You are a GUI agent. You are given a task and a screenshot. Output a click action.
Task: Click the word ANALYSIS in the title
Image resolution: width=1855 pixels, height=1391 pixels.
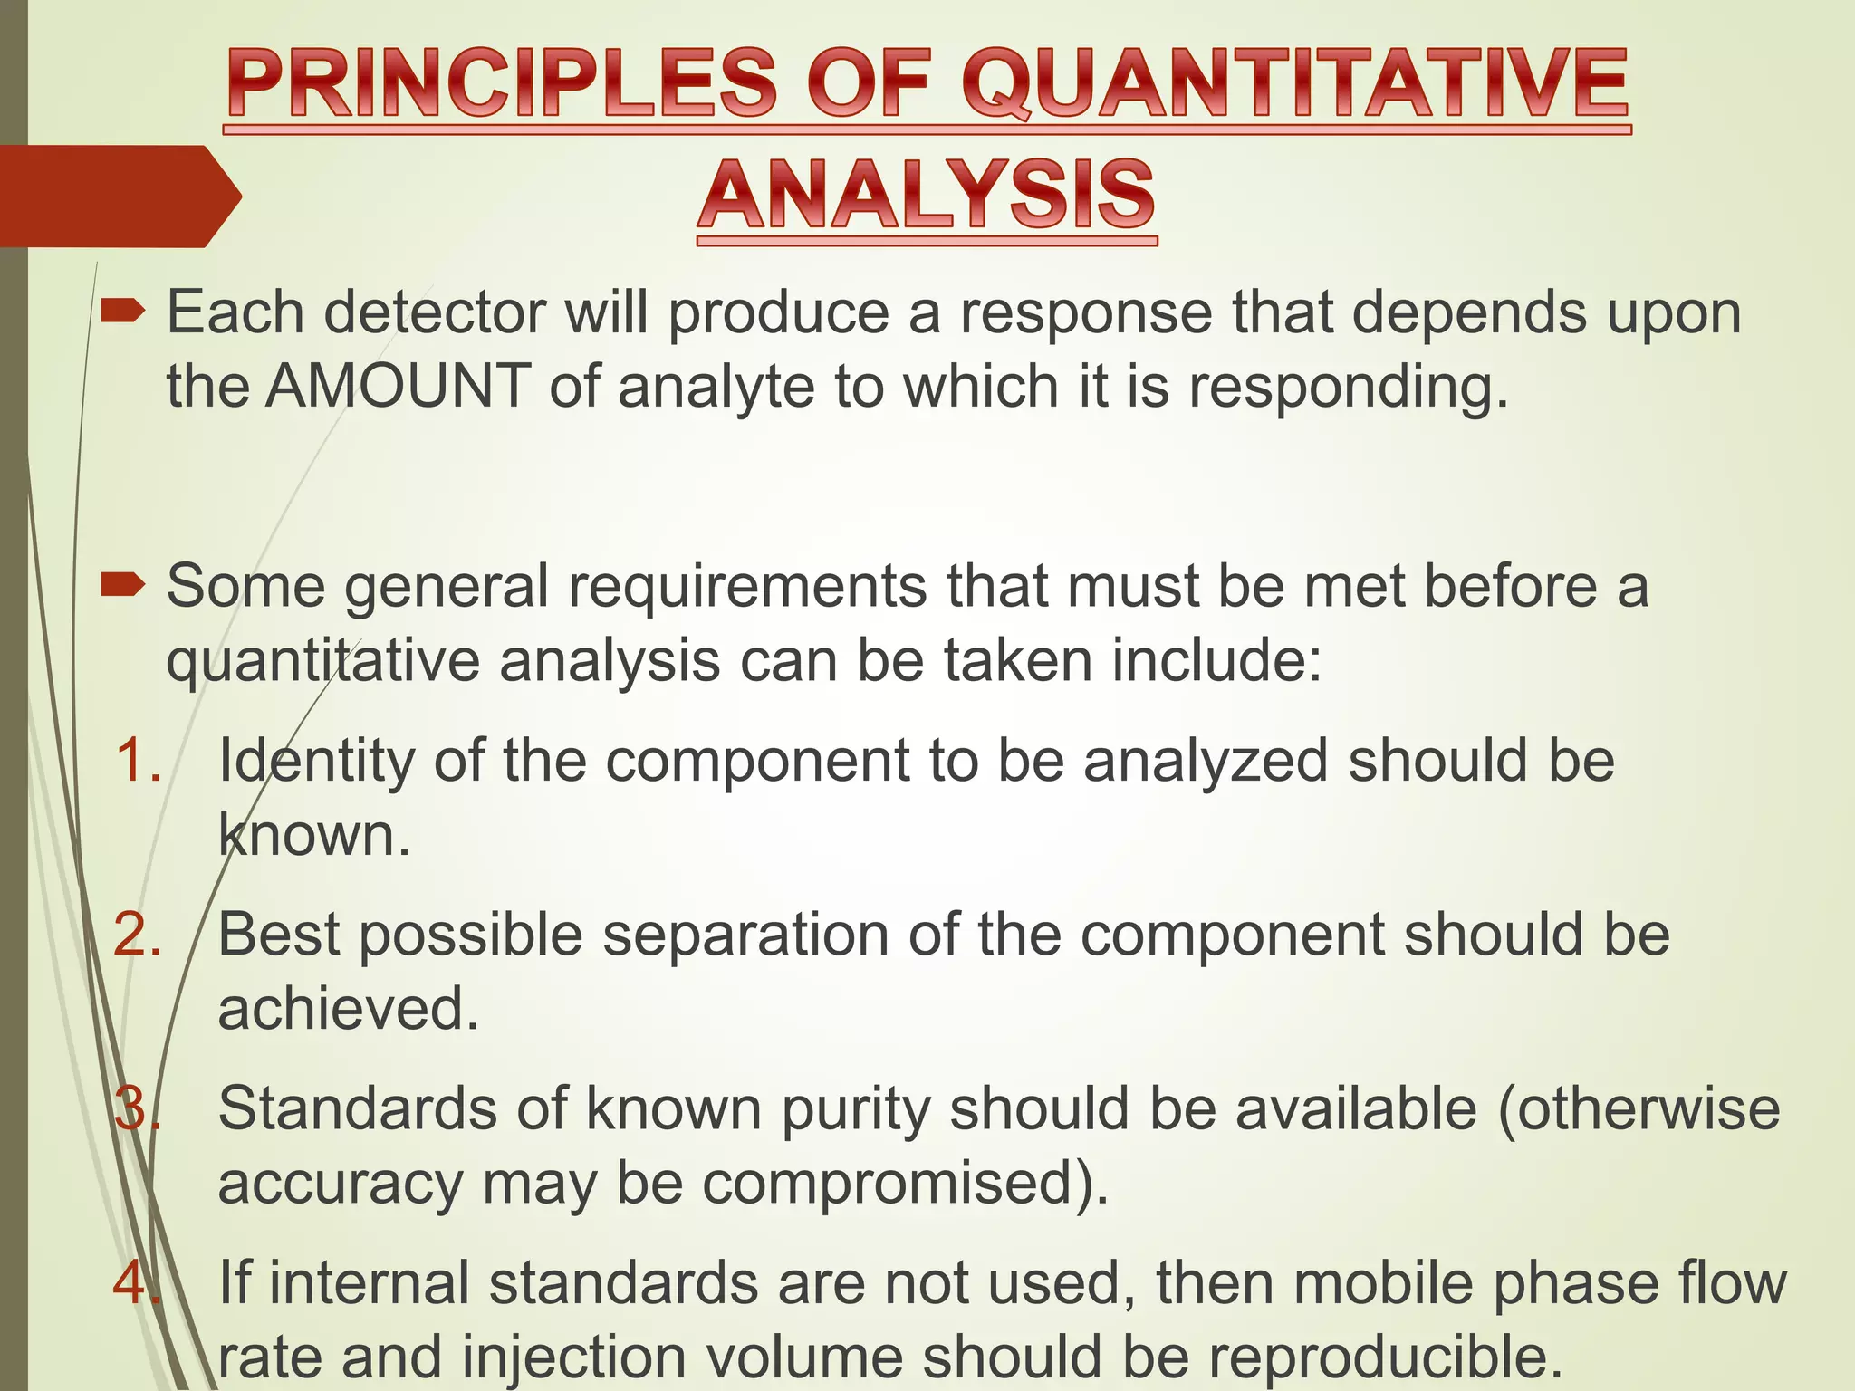point(927,194)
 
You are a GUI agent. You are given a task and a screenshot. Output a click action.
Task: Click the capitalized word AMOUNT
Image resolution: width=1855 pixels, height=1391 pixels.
point(398,386)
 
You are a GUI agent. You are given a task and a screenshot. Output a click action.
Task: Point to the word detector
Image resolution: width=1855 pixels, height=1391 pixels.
point(435,312)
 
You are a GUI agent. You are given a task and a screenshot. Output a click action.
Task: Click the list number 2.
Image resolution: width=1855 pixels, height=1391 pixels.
point(138,934)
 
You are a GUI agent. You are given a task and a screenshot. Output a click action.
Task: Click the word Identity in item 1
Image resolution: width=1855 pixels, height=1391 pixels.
point(316,761)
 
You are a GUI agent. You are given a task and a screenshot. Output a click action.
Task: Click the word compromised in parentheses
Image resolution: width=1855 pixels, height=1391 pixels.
point(889,1184)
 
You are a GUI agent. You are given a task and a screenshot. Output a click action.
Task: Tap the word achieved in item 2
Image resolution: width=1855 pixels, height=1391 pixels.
point(348,1009)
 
